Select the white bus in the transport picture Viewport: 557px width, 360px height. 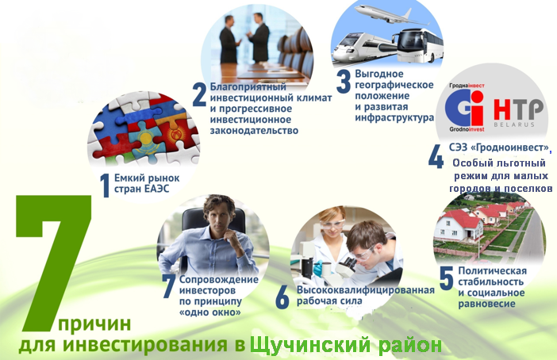[419, 46]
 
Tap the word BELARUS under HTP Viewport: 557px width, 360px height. [514, 124]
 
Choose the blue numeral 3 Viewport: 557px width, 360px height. [344, 82]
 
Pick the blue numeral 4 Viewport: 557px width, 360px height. [436, 156]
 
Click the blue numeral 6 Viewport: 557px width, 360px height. [282, 297]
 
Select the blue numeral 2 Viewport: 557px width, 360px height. [199, 94]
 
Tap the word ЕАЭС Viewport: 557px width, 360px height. [157, 189]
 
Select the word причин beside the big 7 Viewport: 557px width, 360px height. [94, 324]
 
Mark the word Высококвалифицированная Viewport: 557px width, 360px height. [366, 290]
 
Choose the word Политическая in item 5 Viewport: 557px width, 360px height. [493, 270]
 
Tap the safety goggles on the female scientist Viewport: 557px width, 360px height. [332, 224]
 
